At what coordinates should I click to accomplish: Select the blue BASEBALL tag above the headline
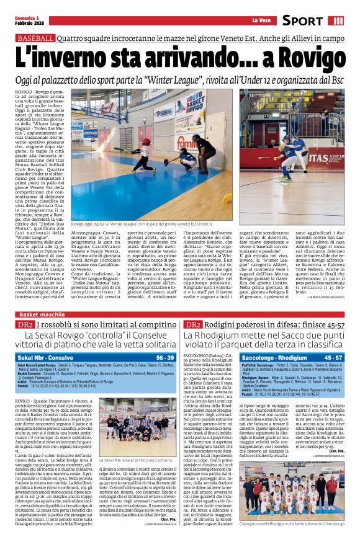coord(35,38)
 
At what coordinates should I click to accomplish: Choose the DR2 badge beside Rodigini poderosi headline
coord(192,325)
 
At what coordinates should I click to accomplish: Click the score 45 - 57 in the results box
coord(333,358)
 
